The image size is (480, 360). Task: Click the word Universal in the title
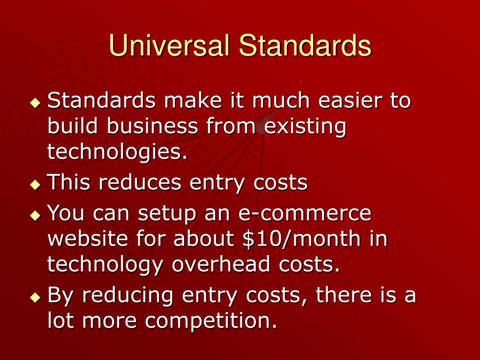[x=170, y=46]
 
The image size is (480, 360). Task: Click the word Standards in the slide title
[x=305, y=46]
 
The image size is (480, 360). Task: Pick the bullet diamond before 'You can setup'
[x=35, y=216]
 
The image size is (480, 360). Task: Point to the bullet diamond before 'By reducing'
[x=35, y=298]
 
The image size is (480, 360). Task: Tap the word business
[x=152, y=127]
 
